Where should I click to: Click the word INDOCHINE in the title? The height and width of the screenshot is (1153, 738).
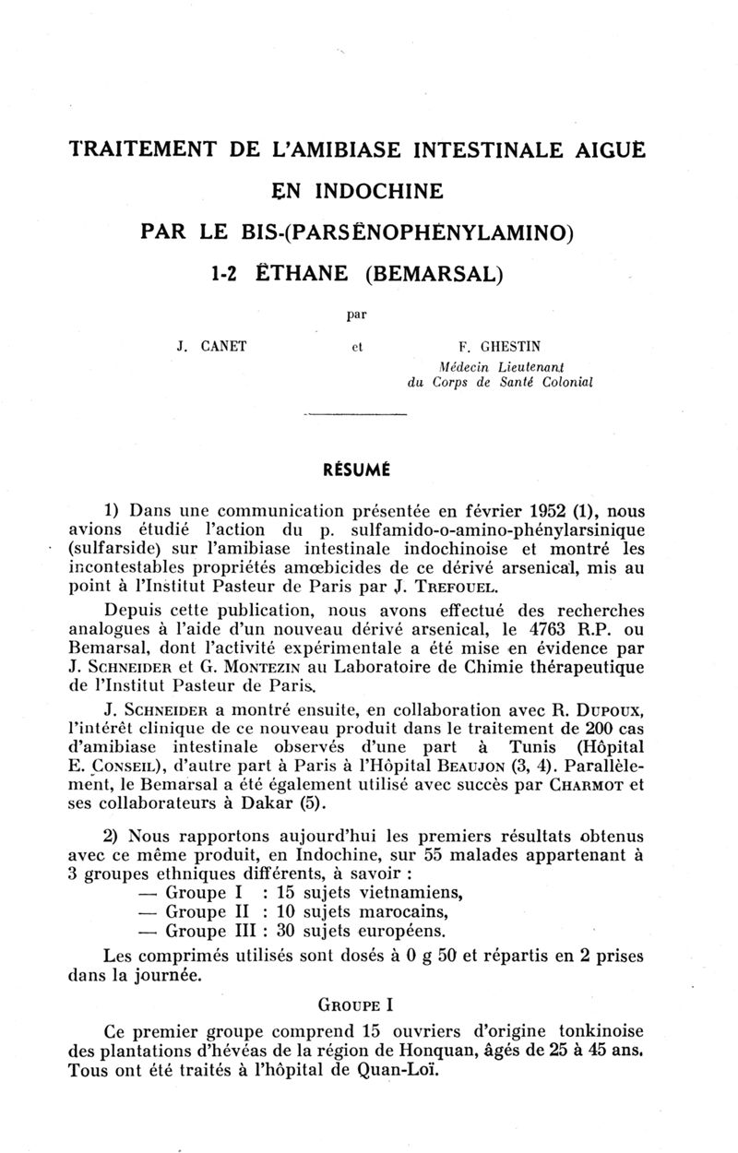[x=380, y=191]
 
